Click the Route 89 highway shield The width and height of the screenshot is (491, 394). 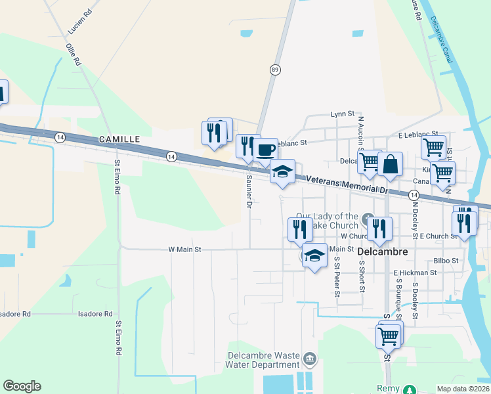point(274,69)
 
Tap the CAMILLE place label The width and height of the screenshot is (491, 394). point(119,139)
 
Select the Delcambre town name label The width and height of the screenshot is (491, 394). point(383,252)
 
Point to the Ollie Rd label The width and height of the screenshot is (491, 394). point(73,54)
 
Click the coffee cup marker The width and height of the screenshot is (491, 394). point(265,149)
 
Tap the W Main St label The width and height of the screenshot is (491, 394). point(184,250)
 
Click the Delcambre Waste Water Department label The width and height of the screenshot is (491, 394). point(263,360)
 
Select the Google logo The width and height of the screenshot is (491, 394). point(22,386)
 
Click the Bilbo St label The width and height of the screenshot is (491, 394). point(446,261)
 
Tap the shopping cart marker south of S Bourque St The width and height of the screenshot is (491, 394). point(388,336)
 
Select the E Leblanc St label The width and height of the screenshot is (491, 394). point(418,135)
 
